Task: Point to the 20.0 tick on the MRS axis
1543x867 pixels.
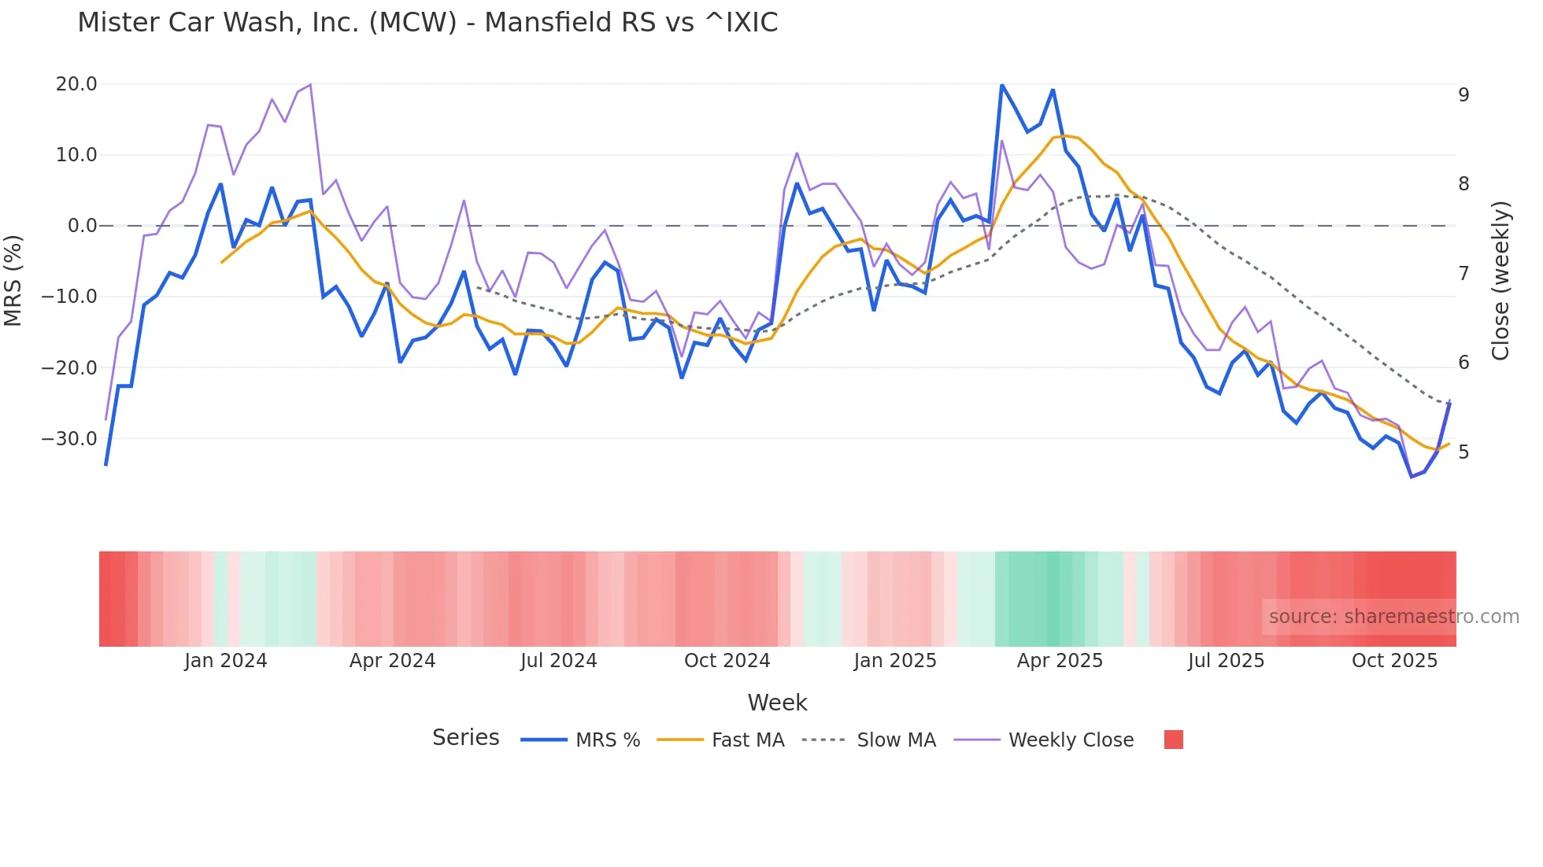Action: (76, 84)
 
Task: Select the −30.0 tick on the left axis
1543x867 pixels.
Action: (69, 439)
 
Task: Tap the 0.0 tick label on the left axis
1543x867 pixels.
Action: (82, 226)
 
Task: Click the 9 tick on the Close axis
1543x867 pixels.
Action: (1463, 95)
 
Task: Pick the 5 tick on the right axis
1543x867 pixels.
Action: (1463, 452)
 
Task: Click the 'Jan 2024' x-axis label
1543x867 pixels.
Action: (226, 661)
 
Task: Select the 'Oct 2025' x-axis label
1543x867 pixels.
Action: (1394, 661)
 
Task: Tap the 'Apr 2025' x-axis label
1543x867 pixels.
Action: (1060, 661)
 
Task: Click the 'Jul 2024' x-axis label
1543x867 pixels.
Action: (559, 661)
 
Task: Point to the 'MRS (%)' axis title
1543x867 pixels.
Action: (13, 280)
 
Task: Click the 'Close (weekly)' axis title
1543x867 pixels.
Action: (1500, 281)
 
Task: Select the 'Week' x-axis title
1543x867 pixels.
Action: (777, 703)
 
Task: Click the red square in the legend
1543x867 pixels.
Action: (1173, 740)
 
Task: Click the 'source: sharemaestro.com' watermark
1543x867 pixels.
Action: (1393, 617)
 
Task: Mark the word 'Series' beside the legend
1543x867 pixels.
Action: (465, 738)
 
